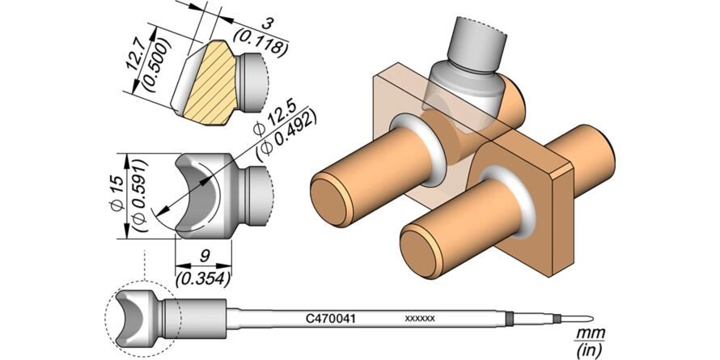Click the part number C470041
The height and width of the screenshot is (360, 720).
331,317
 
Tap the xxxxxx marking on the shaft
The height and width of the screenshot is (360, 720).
420,318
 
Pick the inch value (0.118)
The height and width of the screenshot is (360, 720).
261,41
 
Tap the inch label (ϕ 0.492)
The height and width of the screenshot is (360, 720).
287,134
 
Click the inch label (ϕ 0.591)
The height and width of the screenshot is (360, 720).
138,196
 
